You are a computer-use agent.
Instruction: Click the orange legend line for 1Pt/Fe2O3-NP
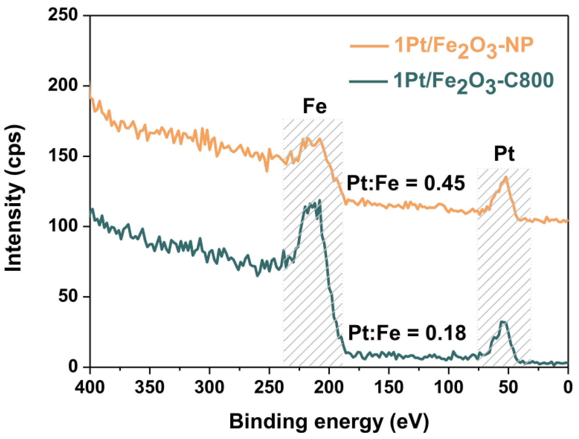[369, 46]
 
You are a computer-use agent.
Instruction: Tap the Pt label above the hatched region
[504, 154]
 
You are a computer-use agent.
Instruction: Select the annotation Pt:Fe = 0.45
[406, 183]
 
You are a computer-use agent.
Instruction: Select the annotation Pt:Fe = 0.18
[407, 332]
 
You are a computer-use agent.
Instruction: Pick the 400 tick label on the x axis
[90, 387]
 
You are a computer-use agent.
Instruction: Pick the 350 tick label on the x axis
[150, 387]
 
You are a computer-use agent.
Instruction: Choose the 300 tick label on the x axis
[209, 387]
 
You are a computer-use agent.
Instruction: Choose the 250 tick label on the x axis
[269, 387]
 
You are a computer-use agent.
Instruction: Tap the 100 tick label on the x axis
[449, 387]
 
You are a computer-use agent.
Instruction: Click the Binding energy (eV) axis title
[329, 422]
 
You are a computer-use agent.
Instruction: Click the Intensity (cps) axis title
[14, 198]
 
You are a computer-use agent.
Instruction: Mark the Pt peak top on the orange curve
[506, 177]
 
